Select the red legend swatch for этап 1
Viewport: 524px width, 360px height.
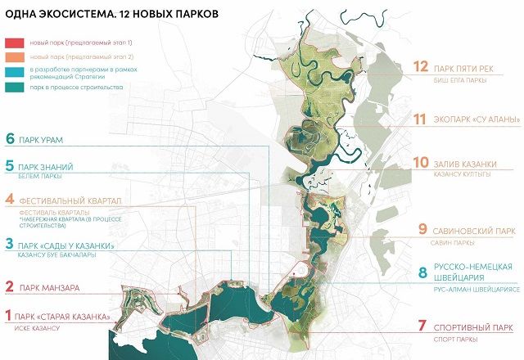[15, 41]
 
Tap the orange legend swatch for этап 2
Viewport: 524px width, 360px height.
[15, 56]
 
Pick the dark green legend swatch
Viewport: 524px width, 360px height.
[15, 85]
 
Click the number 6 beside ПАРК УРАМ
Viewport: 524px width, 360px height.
[11, 139]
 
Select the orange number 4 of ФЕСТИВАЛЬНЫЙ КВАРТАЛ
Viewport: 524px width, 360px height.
[10, 200]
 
